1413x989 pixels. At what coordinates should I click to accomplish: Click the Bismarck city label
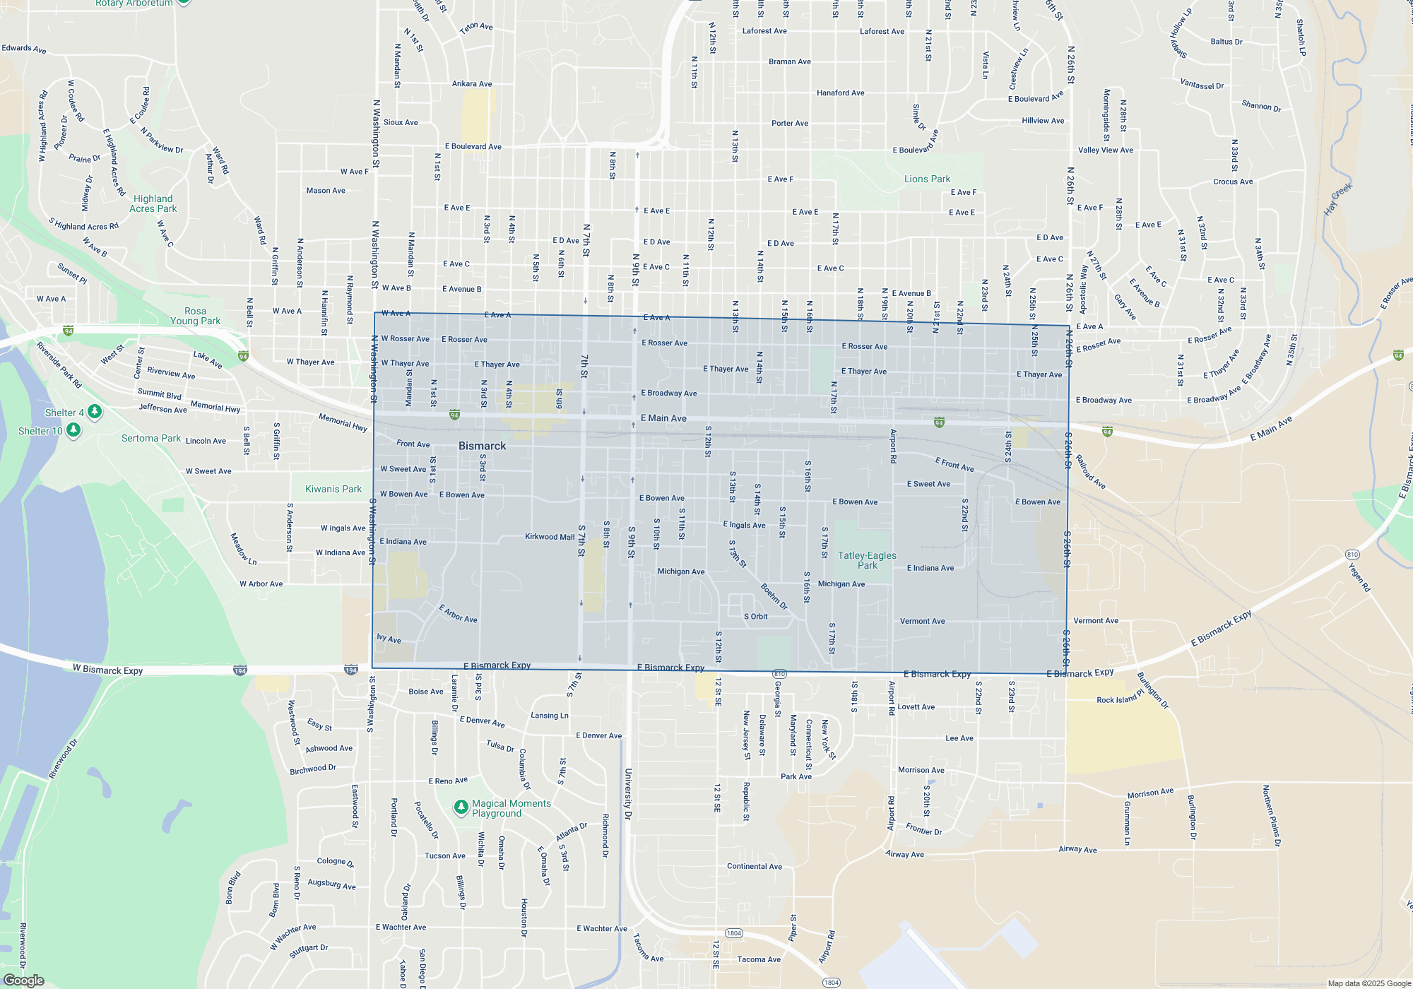click(x=482, y=446)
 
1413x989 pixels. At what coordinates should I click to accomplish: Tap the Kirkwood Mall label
click(x=550, y=537)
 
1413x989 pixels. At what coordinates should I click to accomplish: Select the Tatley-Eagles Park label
click(x=867, y=560)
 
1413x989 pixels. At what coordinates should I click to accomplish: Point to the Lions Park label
click(x=927, y=179)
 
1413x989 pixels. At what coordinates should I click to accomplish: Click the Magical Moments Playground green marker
click(x=461, y=807)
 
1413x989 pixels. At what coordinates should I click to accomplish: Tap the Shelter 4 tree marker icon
click(x=95, y=412)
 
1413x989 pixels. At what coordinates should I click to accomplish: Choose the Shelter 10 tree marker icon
click(x=73, y=430)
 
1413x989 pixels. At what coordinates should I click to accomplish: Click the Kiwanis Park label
click(x=333, y=489)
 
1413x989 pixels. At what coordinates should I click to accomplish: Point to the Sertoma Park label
click(x=151, y=438)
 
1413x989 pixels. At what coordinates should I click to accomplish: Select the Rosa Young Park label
click(x=196, y=316)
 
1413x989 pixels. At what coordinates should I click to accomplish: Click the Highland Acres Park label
click(x=153, y=203)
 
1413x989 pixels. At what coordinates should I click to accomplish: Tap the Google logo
click(x=23, y=980)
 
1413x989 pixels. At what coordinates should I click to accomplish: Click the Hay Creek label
click(x=1338, y=199)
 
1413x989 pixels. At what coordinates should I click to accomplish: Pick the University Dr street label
click(x=627, y=794)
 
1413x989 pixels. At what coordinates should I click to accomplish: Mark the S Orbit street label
click(x=756, y=616)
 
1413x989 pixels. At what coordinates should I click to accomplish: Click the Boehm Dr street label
click(x=774, y=596)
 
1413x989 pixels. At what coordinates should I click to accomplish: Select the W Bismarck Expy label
click(x=107, y=670)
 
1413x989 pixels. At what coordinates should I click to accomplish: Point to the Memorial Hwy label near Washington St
click(x=343, y=422)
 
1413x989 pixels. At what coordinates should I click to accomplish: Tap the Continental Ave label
click(x=755, y=866)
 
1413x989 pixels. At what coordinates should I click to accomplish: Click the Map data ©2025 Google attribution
click(x=1369, y=983)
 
